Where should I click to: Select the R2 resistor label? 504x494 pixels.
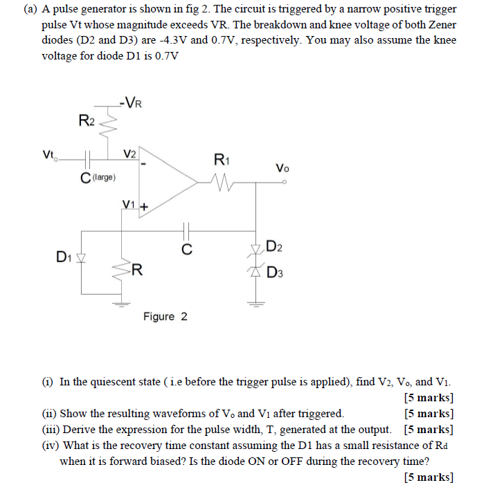87,122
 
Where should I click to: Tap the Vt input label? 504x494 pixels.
48,154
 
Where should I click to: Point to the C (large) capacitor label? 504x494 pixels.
97,179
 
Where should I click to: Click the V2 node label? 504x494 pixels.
130,153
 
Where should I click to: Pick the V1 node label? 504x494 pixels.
128,204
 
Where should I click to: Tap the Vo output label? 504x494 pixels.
282,167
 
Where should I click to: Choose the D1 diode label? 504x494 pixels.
64,257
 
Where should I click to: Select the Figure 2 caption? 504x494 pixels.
165,317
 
